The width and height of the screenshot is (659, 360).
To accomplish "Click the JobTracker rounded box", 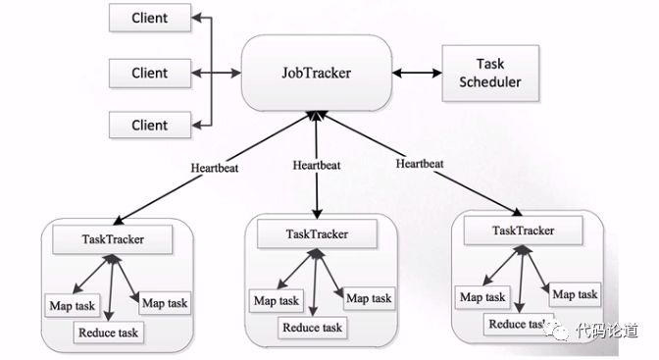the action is coord(317,73).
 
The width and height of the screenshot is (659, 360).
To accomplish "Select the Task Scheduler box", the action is coord(490,74).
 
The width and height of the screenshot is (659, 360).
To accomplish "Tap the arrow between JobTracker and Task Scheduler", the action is coord(417,74).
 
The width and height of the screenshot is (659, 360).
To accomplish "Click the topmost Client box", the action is coord(150,18).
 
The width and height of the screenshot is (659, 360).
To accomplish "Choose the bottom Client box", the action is coord(150,125).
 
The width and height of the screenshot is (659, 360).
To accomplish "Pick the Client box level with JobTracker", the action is coord(150,74).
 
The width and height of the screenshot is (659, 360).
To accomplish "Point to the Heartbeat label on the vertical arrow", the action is coord(317,165).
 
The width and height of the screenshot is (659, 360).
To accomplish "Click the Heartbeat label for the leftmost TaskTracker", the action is coord(215,168).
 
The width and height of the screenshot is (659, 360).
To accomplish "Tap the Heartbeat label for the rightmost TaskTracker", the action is coord(420,164).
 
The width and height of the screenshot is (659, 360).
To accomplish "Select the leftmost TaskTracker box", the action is coord(113,239).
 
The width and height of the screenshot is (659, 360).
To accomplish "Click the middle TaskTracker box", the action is coord(317,233).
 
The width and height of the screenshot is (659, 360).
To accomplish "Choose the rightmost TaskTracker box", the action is coord(524,231).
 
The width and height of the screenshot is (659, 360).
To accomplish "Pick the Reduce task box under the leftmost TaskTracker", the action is coord(109,333).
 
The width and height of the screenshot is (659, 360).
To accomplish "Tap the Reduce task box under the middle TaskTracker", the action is coord(312,328).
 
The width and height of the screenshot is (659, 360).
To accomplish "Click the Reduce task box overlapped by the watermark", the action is coord(519,325).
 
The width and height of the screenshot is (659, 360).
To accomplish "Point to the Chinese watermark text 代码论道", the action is coord(607,331).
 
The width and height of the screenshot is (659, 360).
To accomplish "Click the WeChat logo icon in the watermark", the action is coord(557,331).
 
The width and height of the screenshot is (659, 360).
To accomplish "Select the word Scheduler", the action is coord(490,82).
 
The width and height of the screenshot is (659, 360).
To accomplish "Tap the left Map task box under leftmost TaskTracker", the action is coord(73,306).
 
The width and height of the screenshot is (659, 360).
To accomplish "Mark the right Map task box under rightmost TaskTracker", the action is coord(575,294).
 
